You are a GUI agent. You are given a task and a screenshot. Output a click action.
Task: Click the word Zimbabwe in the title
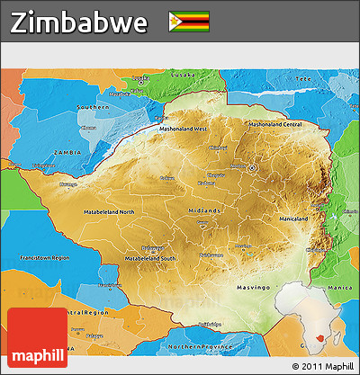coord(79,23)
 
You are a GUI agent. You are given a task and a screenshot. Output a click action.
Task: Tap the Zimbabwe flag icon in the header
coord(189,22)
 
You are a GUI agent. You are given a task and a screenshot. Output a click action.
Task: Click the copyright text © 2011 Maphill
coord(323,367)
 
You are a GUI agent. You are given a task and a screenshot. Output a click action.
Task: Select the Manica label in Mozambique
coord(340,262)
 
